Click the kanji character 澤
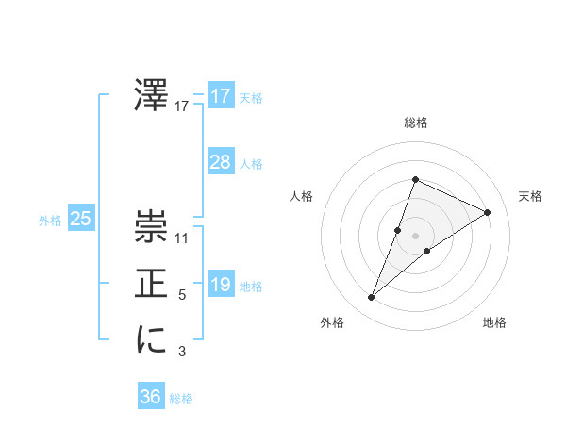151,96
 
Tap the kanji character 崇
151,227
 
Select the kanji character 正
151,284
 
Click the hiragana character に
151,340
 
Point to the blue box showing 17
221,96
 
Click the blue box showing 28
221,162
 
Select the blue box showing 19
221,285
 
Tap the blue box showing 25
81,220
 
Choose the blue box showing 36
151,397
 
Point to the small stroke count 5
182,295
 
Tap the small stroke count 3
182,352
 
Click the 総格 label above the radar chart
415,123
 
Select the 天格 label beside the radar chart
531,196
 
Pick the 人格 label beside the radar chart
301,196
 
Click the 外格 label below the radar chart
332,322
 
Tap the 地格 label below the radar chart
494,322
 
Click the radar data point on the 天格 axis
488,212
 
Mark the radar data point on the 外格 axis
372,298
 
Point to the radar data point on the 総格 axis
415,179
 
